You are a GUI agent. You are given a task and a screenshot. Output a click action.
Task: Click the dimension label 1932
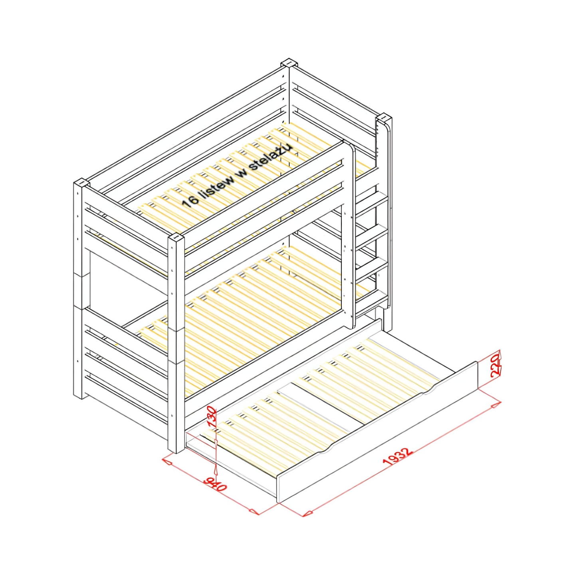click(398, 460)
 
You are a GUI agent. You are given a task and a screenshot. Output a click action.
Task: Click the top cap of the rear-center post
click(289, 63)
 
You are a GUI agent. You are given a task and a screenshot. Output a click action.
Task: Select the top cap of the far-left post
click(81, 182)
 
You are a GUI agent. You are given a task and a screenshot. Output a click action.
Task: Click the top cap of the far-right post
click(384, 117)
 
